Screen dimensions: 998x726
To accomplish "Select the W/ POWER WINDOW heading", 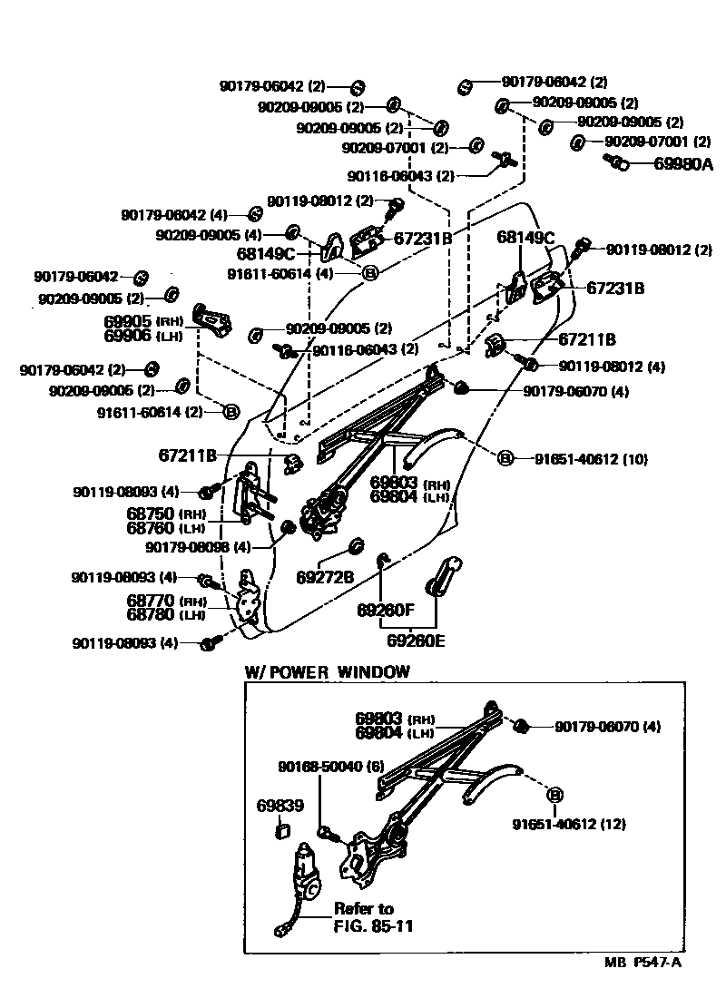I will click(x=328, y=672).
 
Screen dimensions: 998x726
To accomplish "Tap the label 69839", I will click(x=280, y=806).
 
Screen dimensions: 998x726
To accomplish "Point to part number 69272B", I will click(x=325, y=577).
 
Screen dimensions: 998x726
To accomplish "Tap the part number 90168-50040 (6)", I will click(x=329, y=767).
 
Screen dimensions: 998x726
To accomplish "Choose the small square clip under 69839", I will click(x=282, y=827).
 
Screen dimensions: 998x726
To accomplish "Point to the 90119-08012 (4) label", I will click(x=612, y=367).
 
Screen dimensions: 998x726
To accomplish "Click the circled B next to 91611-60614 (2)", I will click(x=231, y=412).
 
